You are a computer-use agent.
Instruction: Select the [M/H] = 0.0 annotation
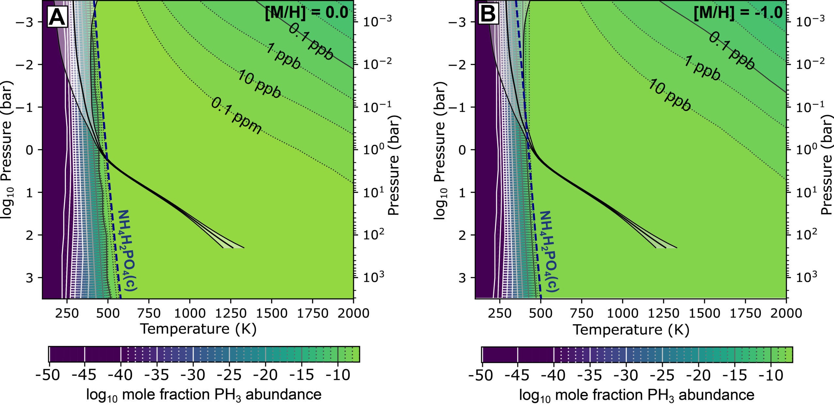(x=306, y=14)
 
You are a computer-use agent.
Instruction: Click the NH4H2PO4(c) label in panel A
(x=128, y=250)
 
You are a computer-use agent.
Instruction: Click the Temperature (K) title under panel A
(x=198, y=329)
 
